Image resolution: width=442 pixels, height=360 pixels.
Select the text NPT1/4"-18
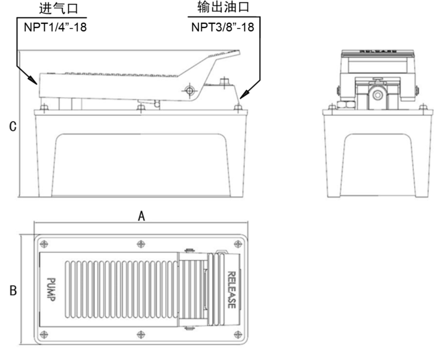coord(56,27)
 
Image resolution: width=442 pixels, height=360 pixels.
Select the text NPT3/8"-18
coord(223,27)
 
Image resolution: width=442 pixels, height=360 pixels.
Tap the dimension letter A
coord(141,216)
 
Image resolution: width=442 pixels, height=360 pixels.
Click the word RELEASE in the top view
coord(231,290)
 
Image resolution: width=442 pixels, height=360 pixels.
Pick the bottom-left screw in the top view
coord(44,333)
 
